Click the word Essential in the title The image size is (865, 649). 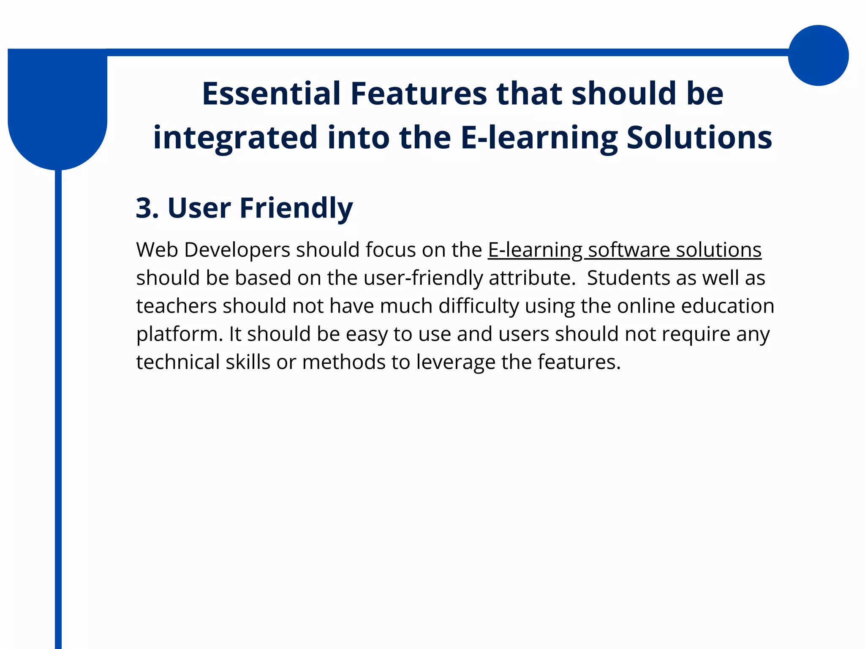click(x=271, y=93)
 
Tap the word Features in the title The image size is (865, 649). click(x=419, y=93)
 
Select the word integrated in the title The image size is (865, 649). click(x=235, y=137)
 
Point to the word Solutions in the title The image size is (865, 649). click(x=699, y=137)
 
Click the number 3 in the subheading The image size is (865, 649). click(x=145, y=208)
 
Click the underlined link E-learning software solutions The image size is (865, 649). click(x=624, y=250)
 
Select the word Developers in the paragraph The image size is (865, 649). click(x=237, y=250)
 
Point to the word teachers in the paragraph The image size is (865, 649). click(x=176, y=306)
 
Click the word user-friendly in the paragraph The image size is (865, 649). click(x=423, y=278)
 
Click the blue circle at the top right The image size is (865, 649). click(x=818, y=55)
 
